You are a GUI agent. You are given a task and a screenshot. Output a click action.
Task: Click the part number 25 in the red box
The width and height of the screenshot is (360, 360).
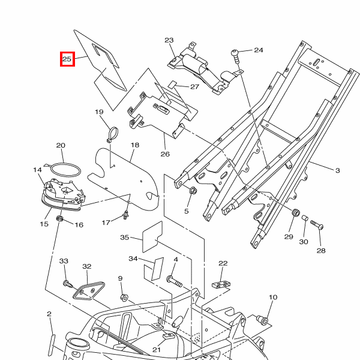coord(67,59)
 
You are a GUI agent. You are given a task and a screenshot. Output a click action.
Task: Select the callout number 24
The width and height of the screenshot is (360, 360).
coord(259,50)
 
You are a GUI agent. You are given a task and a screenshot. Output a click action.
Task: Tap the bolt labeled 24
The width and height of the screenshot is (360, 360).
coord(236,56)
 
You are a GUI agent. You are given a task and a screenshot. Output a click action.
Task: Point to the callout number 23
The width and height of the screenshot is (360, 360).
coord(169,40)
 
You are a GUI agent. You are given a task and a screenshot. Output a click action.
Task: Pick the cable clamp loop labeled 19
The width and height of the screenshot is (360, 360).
coord(113,134)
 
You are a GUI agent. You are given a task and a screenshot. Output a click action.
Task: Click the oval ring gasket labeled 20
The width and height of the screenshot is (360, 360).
coord(65,170)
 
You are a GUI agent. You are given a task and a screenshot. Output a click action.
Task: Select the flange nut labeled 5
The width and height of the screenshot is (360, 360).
coord(193,190)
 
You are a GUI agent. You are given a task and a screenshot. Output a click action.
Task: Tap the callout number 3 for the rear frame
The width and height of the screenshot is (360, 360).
coord(337,170)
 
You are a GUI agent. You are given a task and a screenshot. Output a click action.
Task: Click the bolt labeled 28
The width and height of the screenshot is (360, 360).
coord(317,224)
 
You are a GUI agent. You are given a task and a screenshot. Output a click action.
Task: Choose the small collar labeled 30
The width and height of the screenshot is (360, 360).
coord(305,218)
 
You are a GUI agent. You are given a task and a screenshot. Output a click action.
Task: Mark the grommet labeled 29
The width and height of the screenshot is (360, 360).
coord(295,212)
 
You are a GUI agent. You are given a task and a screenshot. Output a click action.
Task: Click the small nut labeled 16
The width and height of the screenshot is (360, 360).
coord(59,218)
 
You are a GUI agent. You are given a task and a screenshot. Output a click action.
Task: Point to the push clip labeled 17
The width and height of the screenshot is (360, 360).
coord(125,214)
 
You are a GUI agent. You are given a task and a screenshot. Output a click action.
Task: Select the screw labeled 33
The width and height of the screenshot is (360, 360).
coord(68,284)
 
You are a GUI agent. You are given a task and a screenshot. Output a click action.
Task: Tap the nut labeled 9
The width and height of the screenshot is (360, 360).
coord(124,298)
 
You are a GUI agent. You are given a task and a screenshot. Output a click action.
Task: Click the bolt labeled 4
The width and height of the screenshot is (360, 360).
coord(174,281)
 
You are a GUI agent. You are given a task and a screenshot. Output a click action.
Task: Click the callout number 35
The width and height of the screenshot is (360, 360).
coord(125,237)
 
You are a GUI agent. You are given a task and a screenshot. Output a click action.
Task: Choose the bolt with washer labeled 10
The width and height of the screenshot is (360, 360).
coord(262,320)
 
